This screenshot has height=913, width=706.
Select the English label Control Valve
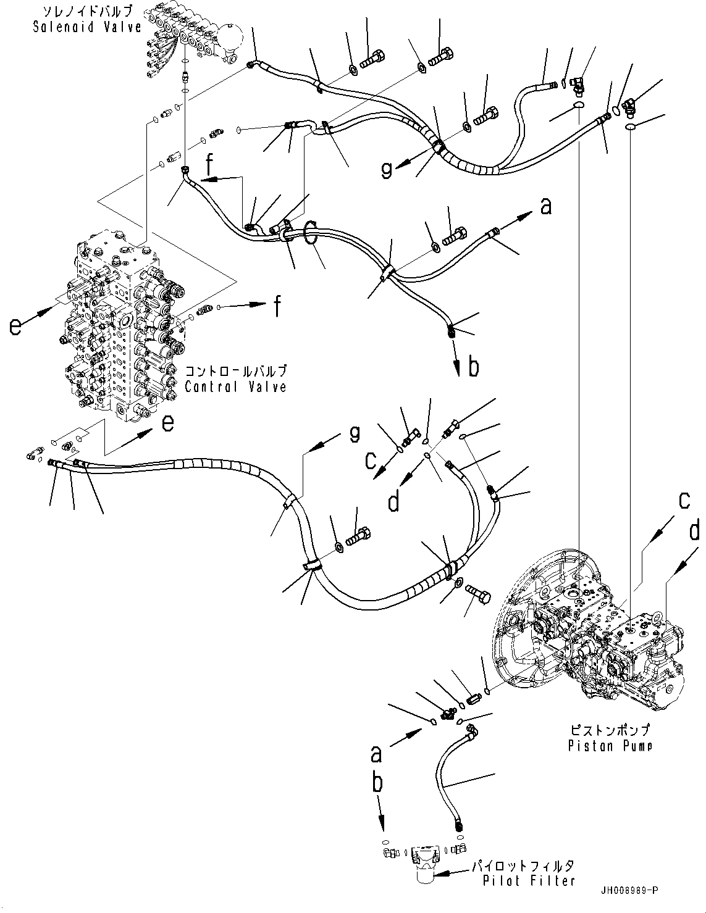[x=235, y=387]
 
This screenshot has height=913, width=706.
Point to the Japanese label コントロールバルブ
[x=235, y=372]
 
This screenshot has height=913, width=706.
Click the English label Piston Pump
[x=610, y=746]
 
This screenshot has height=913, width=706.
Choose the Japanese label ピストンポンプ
[x=610, y=730]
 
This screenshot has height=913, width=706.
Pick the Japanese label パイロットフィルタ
[x=523, y=866]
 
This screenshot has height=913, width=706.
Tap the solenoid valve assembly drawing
[x=191, y=43]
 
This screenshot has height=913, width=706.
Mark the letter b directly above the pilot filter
[x=377, y=783]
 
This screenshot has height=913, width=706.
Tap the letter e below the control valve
[x=167, y=422]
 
